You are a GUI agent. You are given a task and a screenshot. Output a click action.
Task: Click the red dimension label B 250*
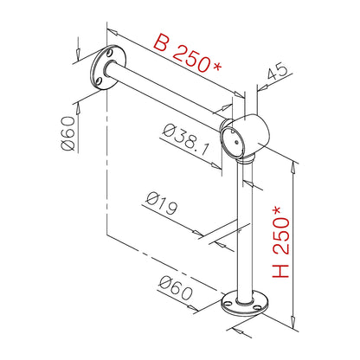188,53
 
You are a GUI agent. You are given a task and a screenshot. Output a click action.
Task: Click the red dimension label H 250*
281,242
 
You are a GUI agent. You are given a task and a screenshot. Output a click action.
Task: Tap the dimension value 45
277,71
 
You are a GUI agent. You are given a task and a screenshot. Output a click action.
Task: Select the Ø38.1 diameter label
185,139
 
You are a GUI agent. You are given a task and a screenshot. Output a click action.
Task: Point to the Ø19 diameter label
162,203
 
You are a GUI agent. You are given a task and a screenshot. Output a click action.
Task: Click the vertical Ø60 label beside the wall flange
68,133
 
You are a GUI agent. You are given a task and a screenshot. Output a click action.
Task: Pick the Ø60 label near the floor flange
176,288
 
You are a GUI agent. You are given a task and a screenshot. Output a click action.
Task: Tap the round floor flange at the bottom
245,304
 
